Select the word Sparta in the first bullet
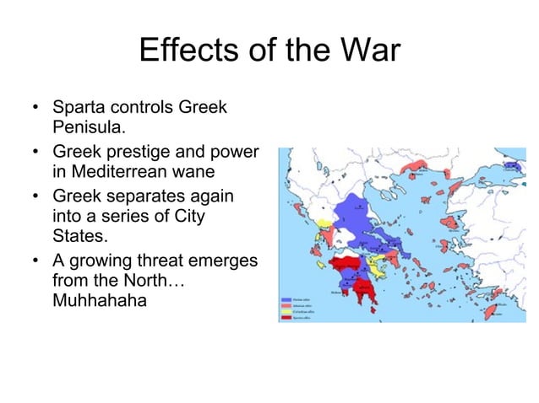pyautogui.click(x=77, y=109)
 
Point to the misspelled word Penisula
pyautogui.click(x=88, y=129)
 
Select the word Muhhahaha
pyautogui.click(x=99, y=300)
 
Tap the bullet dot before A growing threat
pyautogui.click(x=35, y=261)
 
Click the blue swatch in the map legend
pyautogui.click(x=286, y=298)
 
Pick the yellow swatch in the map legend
pyautogui.click(x=286, y=311)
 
